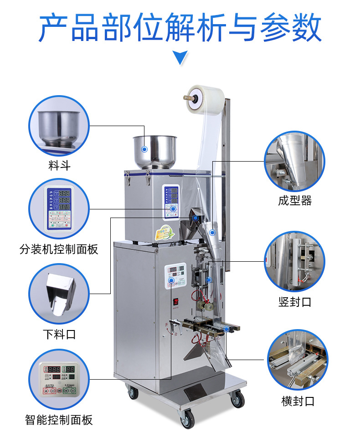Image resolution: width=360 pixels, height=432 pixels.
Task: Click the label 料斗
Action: coord(60,165)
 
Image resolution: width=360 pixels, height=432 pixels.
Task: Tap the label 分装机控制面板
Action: coord(59,249)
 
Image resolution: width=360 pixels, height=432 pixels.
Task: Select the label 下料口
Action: coord(59,335)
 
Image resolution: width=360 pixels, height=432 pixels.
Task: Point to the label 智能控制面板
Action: coord(59,419)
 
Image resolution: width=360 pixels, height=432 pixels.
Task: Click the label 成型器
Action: coord(295,201)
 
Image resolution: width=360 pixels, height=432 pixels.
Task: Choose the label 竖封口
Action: coord(295,302)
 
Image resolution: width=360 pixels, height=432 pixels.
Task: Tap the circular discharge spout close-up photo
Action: coord(60,295)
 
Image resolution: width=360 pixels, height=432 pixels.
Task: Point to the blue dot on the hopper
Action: coord(144,149)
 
